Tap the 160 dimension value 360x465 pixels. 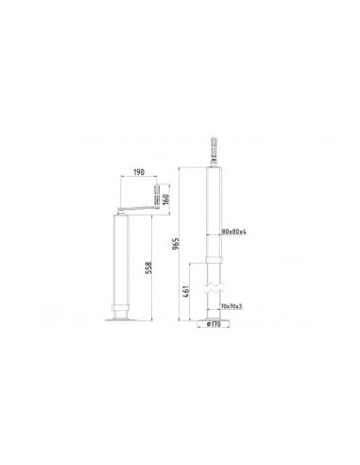[x=166, y=200]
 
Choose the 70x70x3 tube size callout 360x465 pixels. [x=230, y=305]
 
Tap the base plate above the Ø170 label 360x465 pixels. [x=214, y=317]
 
